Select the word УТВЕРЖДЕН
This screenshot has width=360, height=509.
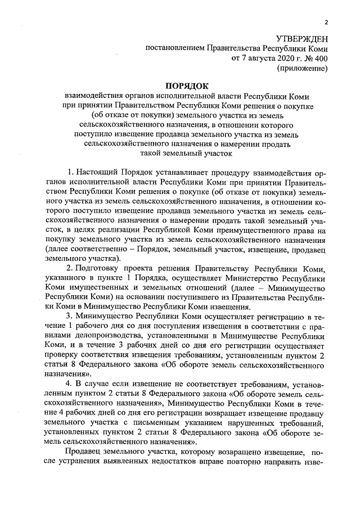pos(301,38)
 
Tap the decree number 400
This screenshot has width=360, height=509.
pos(321,58)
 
